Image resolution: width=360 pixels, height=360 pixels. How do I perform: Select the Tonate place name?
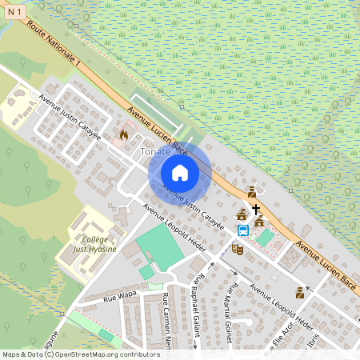155,151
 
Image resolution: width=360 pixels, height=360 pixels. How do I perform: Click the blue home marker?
180,173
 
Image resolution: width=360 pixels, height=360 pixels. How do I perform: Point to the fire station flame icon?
123,135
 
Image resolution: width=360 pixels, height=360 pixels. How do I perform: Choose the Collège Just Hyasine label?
99,243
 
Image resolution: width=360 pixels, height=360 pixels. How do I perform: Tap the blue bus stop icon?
242,230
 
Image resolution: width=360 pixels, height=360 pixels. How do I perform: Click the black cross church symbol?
256,209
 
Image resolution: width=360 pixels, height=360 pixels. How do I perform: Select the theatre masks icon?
237,249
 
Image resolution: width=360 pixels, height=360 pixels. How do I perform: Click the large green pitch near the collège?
160,247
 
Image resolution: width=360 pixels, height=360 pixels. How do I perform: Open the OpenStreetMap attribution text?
81,354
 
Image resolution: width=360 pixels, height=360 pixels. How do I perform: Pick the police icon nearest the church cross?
252,192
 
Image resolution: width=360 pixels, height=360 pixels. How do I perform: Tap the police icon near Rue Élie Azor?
300,293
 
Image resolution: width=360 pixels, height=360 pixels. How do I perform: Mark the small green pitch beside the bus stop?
264,238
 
